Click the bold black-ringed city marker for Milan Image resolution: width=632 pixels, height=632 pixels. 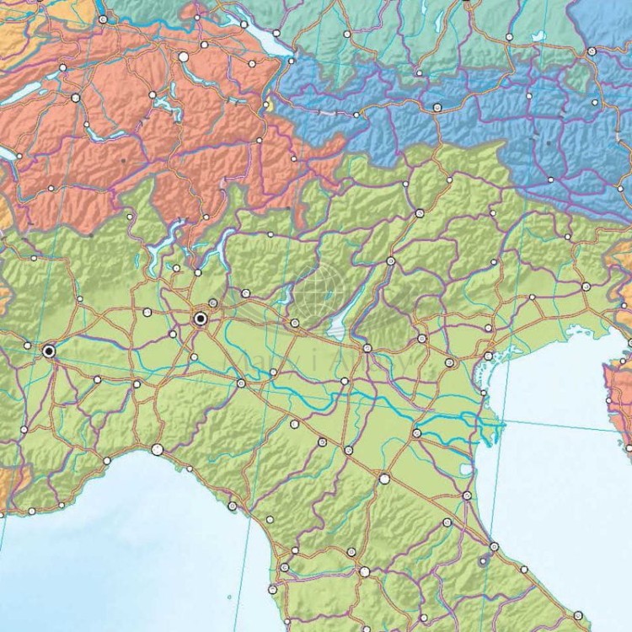pos(201,319)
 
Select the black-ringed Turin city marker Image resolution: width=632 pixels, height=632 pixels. pos(49,350)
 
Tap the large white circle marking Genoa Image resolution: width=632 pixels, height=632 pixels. pos(157,450)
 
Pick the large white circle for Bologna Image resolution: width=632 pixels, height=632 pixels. pos(384,479)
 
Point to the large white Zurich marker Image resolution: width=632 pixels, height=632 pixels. pos(184,56)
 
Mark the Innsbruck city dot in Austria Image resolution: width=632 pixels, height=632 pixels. pos(437,106)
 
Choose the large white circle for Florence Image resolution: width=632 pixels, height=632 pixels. pos(365,571)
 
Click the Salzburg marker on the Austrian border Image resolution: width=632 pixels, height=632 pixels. pos(592,51)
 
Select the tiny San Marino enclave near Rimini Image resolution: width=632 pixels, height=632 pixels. pos(485,558)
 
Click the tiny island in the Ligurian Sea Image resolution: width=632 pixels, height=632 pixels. pos(229,597)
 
